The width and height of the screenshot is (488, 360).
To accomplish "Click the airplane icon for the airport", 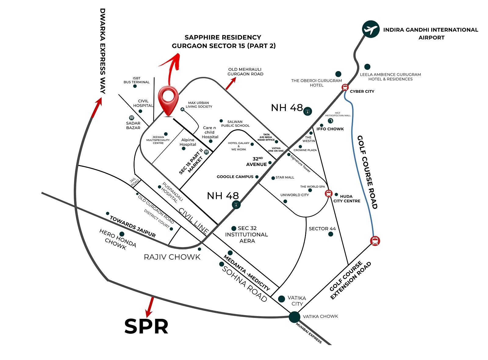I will [371, 30].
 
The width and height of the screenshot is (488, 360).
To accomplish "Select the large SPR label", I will [146, 326].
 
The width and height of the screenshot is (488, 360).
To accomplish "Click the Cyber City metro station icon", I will [345, 87].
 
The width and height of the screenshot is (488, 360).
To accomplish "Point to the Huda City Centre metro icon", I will [328, 193].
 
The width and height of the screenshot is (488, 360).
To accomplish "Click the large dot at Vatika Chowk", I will [294, 317].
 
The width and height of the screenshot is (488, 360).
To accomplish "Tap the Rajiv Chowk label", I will [172, 257].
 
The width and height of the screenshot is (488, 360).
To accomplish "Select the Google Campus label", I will [235, 177].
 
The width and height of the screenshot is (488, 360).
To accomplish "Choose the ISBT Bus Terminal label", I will [136, 80].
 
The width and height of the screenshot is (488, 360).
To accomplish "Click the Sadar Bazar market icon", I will [131, 118].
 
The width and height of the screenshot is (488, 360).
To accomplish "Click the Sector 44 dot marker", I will [331, 234].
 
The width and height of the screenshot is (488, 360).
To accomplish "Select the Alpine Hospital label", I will [188, 142].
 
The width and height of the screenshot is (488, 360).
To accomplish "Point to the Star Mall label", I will [285, 177].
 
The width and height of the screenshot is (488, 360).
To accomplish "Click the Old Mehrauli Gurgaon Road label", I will [245, 72].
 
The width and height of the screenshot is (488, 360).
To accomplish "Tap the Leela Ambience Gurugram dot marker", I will [367, 67].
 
